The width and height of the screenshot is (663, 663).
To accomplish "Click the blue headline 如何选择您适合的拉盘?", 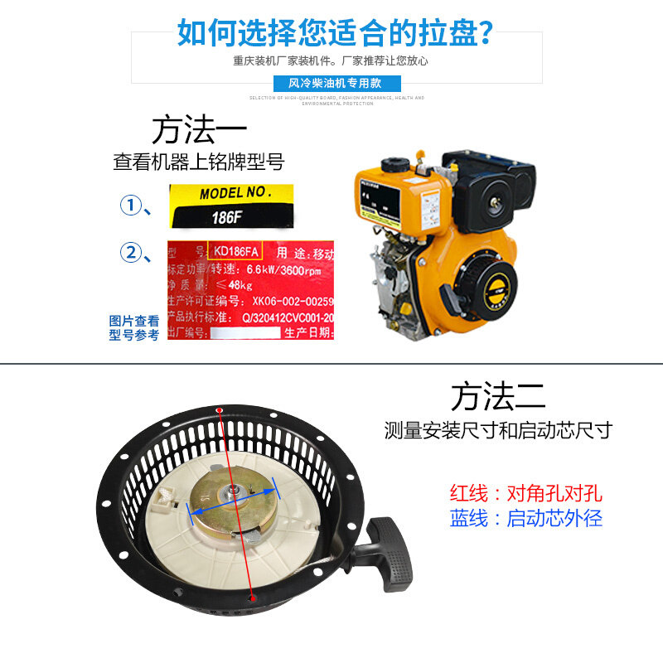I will pyautogui.click(x=336, y=32).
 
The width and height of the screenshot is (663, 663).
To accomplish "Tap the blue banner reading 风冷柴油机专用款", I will pyautogui.click(x=336, y=84).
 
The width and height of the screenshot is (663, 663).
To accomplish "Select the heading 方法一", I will pyautogui.click(x=199, y=131).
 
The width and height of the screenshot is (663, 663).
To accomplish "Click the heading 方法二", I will pyautogui.click(x=498, y=397).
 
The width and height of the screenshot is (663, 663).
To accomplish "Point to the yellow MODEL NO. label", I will pyautogui.click(x=235, y=193).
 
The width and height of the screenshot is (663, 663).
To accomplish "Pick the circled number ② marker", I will pyautogui.click(x=132, y=252).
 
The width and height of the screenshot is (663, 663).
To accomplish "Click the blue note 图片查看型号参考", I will pyautogui.click(x=133, y=327).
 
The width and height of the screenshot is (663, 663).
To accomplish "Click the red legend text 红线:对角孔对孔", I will pyautogui.click(x=525, y=494).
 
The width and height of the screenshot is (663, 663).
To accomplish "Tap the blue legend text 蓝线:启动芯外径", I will pyautogui.click(x=525, y=519).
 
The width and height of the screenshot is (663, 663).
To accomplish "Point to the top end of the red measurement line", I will pyautogui.click(x=219, y=411).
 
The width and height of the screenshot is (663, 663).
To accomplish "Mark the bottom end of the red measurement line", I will pyautogui.click(x=253, y=597).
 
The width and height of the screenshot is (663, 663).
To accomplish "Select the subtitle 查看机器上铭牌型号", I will pyautogui.click(x=198, y=162).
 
